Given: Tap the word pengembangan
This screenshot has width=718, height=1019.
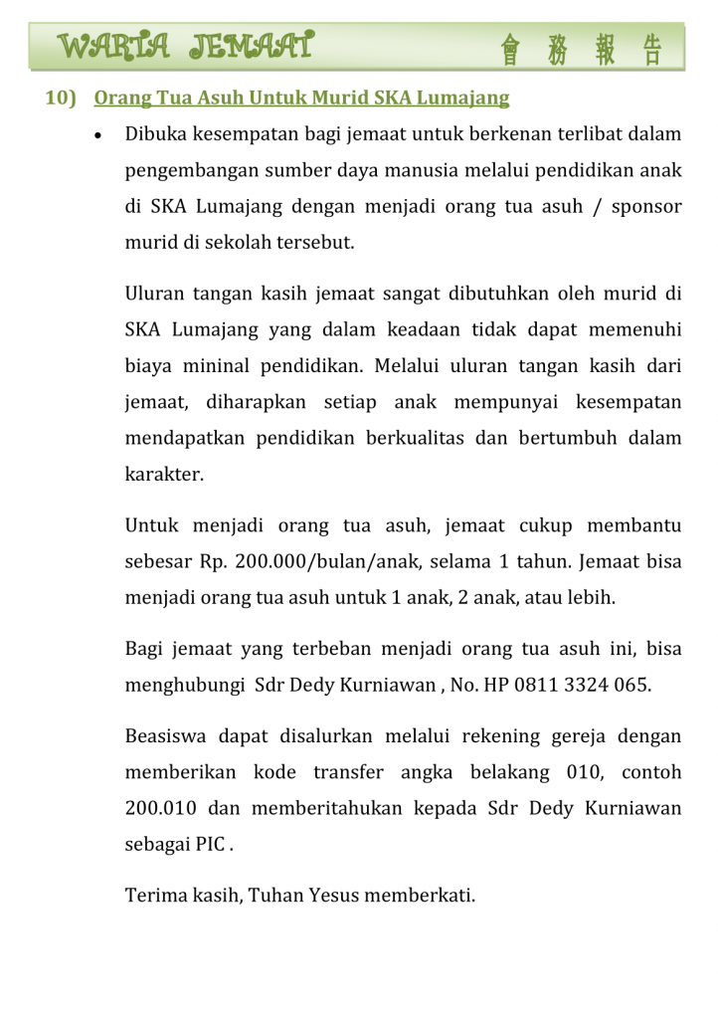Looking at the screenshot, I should (x=188, y=170).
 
